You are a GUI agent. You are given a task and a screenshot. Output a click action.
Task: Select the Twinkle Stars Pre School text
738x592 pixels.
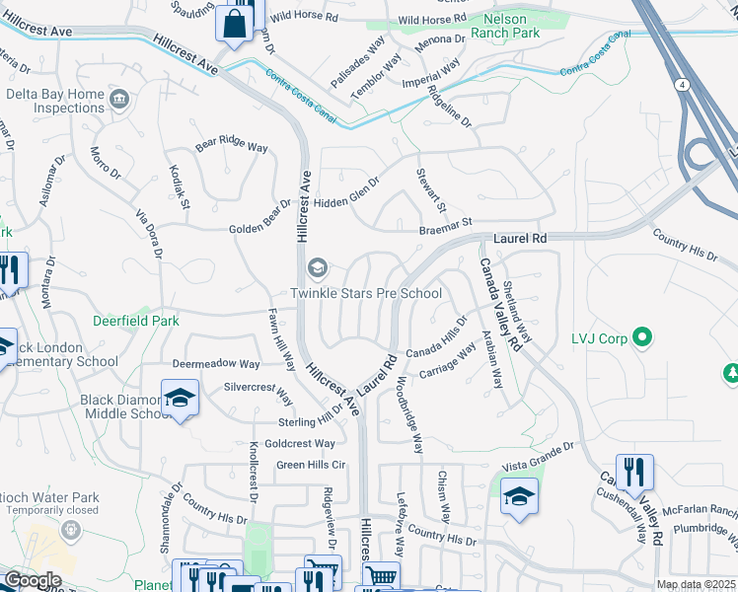[365, 293]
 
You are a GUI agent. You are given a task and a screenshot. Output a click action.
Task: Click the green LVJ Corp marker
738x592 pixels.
[643, 338]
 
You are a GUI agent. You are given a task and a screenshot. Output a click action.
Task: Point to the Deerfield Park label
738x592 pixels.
[136, 321]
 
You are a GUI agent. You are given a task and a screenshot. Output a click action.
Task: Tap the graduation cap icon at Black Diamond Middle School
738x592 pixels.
[180, 399]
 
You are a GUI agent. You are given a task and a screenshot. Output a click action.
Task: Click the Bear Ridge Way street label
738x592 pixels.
[232, 146]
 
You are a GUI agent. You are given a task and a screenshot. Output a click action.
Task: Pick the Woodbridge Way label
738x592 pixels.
[409, 414]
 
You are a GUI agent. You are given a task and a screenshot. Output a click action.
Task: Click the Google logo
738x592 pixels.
[32, 580]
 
